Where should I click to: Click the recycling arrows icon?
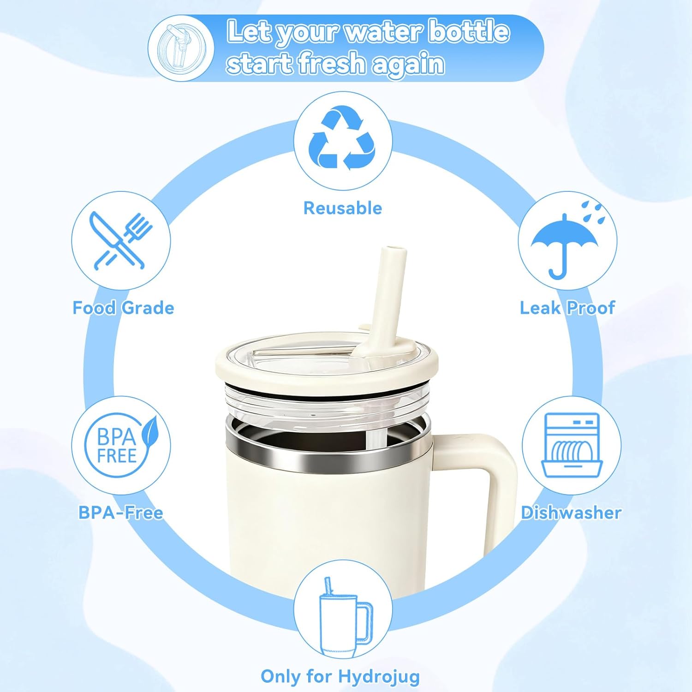click(343, 138)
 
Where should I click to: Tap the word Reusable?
click(343, 208)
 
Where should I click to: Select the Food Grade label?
click(123, 308)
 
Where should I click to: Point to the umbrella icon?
click(564, 245)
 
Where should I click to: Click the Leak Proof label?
click(567, 308)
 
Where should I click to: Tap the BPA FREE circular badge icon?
click(117, 445)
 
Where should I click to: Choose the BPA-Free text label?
click(121, 513)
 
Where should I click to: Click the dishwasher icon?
click(572, 445)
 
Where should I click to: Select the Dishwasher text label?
click(571, 513)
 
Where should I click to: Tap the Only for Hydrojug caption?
click(340, 676)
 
